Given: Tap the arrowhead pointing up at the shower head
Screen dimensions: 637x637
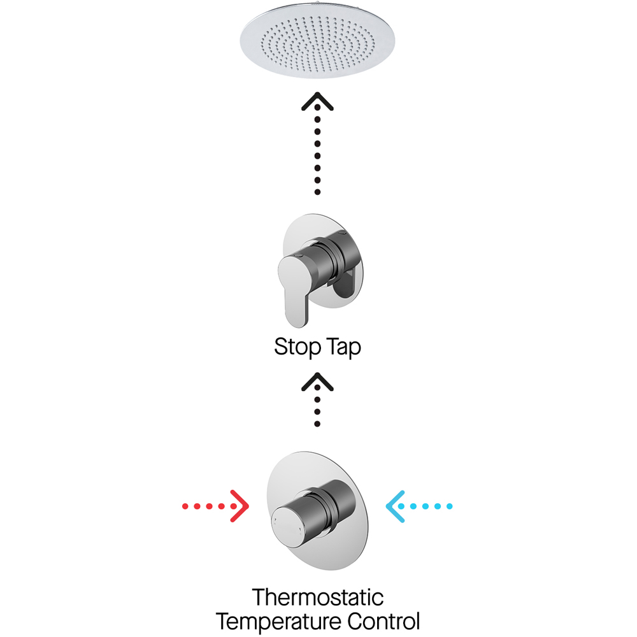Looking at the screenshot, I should pos(318,101).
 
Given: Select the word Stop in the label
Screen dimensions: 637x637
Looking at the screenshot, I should pos(296,348).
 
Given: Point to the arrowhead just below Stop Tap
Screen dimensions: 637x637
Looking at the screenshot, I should pos(318,382).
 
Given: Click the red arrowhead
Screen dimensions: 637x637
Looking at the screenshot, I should pos(240,506).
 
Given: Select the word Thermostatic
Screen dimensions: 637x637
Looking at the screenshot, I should pos(318,598).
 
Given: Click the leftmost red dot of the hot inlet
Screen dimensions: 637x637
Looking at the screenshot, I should pos(185,507).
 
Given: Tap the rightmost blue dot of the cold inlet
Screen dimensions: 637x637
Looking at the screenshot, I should pos(450,507).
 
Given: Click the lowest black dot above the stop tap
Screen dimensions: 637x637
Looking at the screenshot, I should pos(318,192).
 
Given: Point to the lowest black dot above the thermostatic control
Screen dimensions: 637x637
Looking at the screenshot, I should pos(318,424).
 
